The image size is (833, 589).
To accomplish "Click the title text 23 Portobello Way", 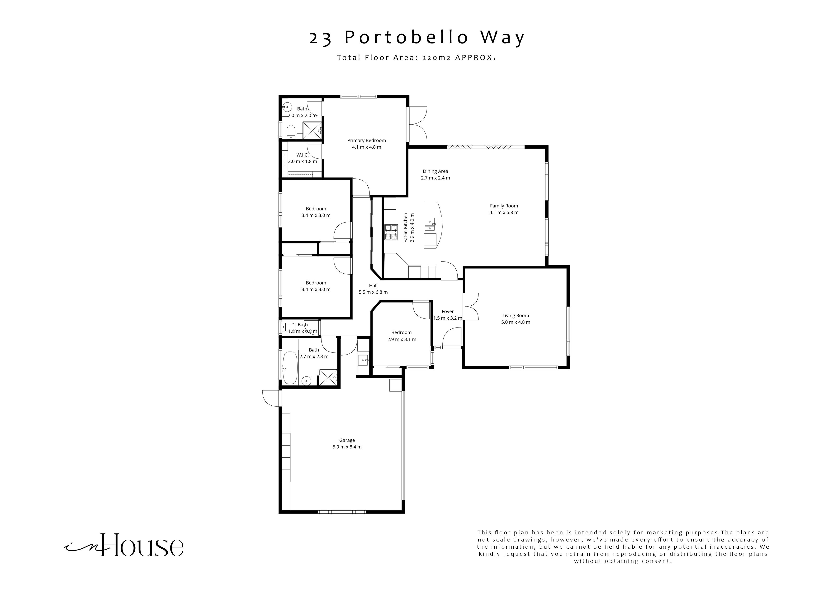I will tap(416, 38).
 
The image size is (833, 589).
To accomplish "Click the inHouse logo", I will tap(124, 546).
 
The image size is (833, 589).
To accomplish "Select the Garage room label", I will tap(347, 440).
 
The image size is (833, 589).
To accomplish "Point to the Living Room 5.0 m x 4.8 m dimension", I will tap(515, 322).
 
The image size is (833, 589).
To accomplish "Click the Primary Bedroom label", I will tap(366, 140).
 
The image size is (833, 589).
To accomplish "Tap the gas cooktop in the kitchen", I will tap(391, 233).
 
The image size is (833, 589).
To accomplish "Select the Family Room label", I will tap(504, 206).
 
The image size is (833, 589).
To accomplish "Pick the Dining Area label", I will tap(435, 171).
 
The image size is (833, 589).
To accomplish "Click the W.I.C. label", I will tap(302, 155).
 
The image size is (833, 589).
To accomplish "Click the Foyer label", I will tap(447, 311).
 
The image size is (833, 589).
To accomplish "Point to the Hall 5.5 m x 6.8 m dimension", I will tap(373, 292).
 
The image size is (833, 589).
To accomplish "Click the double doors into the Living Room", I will tap(471, 307).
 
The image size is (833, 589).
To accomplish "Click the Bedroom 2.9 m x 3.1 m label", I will tap(401, 332).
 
